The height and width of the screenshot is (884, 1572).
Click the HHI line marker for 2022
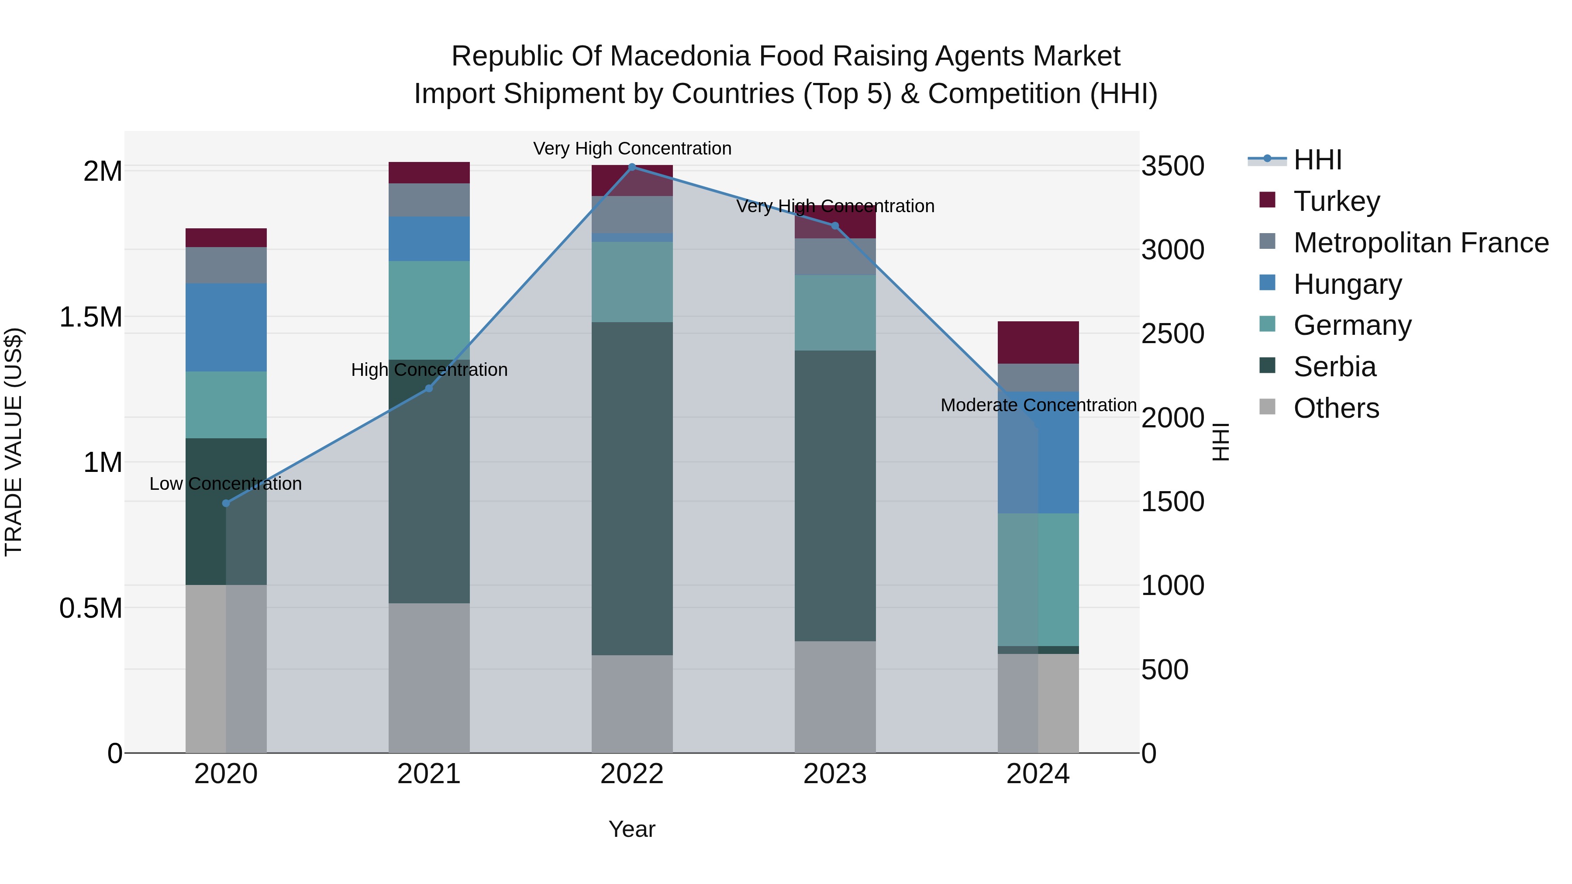pyautogui.click(x=632, y=167)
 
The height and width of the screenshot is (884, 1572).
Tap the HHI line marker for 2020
pyautogui.click(x=226, y=503)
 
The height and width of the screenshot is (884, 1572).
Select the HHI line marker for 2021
pyautogui.click(x=429, y=388)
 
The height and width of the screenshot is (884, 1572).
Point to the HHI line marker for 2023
pyautogui.click(x=835, y=226)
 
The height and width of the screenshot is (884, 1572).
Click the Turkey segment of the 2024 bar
pyautogui.click(x=1038, y=342)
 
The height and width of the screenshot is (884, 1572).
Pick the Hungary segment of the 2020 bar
pyautogui.click(x=226, y=327)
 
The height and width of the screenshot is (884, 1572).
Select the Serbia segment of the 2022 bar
pyautogui.click(x=632, y=488)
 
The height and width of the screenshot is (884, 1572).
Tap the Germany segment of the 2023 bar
pyautogui.click(x=835, y=313)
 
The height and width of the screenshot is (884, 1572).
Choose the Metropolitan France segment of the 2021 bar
pyautogui.click(x=429, y=200)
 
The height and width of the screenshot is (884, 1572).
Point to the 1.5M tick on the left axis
pyautogui.click(x=91, y=317)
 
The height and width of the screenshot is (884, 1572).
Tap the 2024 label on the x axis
pyautogui.click(x=1038, y=774)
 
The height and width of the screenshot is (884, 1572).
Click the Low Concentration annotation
pyautogui.click(x=226, y=484)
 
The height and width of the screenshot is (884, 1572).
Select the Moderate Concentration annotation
pyautogui.click(x=1038, y=405)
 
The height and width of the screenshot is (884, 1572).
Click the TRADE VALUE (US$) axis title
pyautogui.click(x=14, y=442)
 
